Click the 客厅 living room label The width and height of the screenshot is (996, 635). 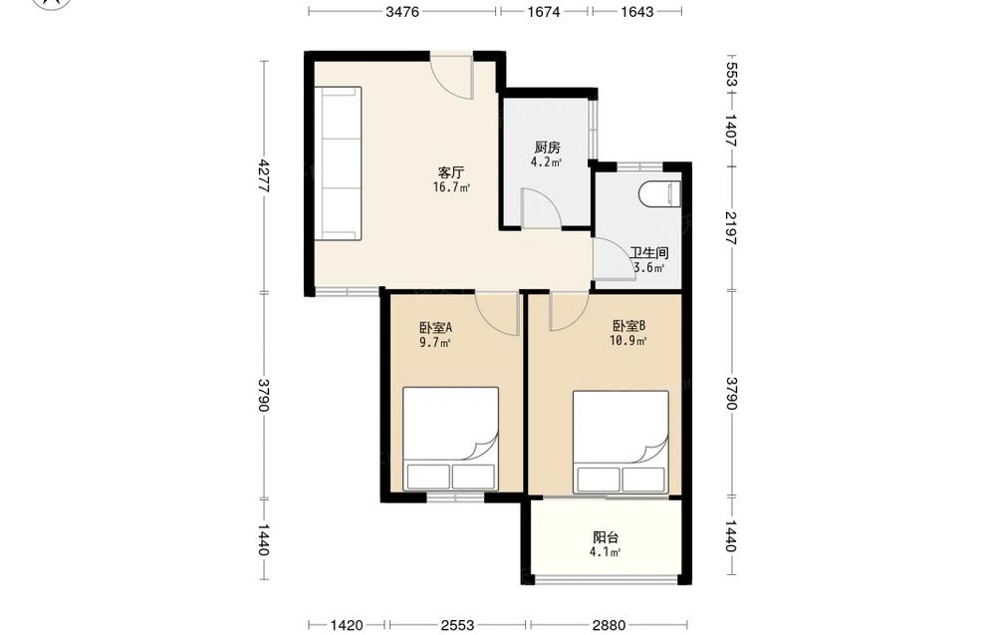point(451,172)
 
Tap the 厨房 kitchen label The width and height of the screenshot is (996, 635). point(547,148)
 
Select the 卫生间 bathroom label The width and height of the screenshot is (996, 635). point(649,253)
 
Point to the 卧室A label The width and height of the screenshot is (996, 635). point(435,328)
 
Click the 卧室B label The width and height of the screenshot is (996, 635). point(628,326)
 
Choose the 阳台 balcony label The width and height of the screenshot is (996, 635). point(606,537)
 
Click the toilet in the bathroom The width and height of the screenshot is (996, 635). point(659,193)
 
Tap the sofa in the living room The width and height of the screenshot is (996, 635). point(339,163)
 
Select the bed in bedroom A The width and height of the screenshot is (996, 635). point(450,439)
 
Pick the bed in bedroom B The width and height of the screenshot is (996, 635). point(621,443)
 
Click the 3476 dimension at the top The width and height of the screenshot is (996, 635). point(402,11)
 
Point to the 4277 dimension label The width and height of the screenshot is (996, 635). point(264,176)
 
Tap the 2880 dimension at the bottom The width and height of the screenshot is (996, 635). point(608,625)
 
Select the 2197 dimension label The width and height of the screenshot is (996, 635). point(730,227)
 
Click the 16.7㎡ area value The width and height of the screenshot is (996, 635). point(451,187)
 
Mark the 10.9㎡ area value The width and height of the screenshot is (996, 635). point(628,341)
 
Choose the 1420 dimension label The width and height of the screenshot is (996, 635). point(347,625)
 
